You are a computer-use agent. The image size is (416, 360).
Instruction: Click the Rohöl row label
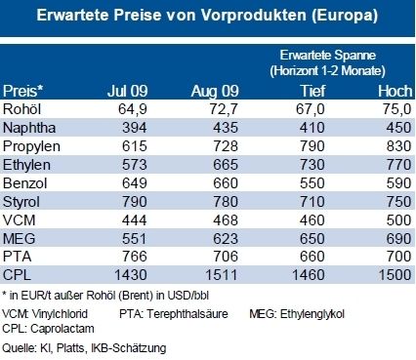(x=23, y=109)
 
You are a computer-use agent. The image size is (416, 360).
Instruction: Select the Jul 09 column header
(x=127, y=91)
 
